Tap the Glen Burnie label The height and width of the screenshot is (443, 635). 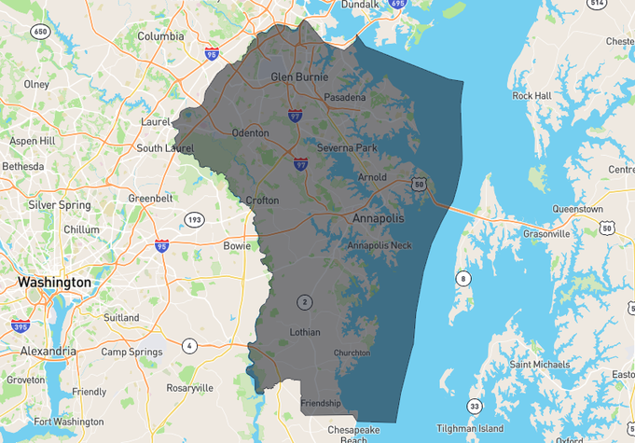coord(296,76)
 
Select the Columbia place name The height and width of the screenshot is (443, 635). coord(160,36)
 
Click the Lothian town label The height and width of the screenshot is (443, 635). coord(305,332)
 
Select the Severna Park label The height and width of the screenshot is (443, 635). coord(347,148)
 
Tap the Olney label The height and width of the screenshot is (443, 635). coord(35,84)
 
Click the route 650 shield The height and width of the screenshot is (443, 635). coord(39,32)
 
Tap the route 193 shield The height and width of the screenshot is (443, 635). coord(194,220)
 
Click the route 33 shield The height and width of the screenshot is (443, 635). coord(475,406)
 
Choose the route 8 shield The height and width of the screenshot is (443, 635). coord(463,278)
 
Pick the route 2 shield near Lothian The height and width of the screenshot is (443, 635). coord(304,301)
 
